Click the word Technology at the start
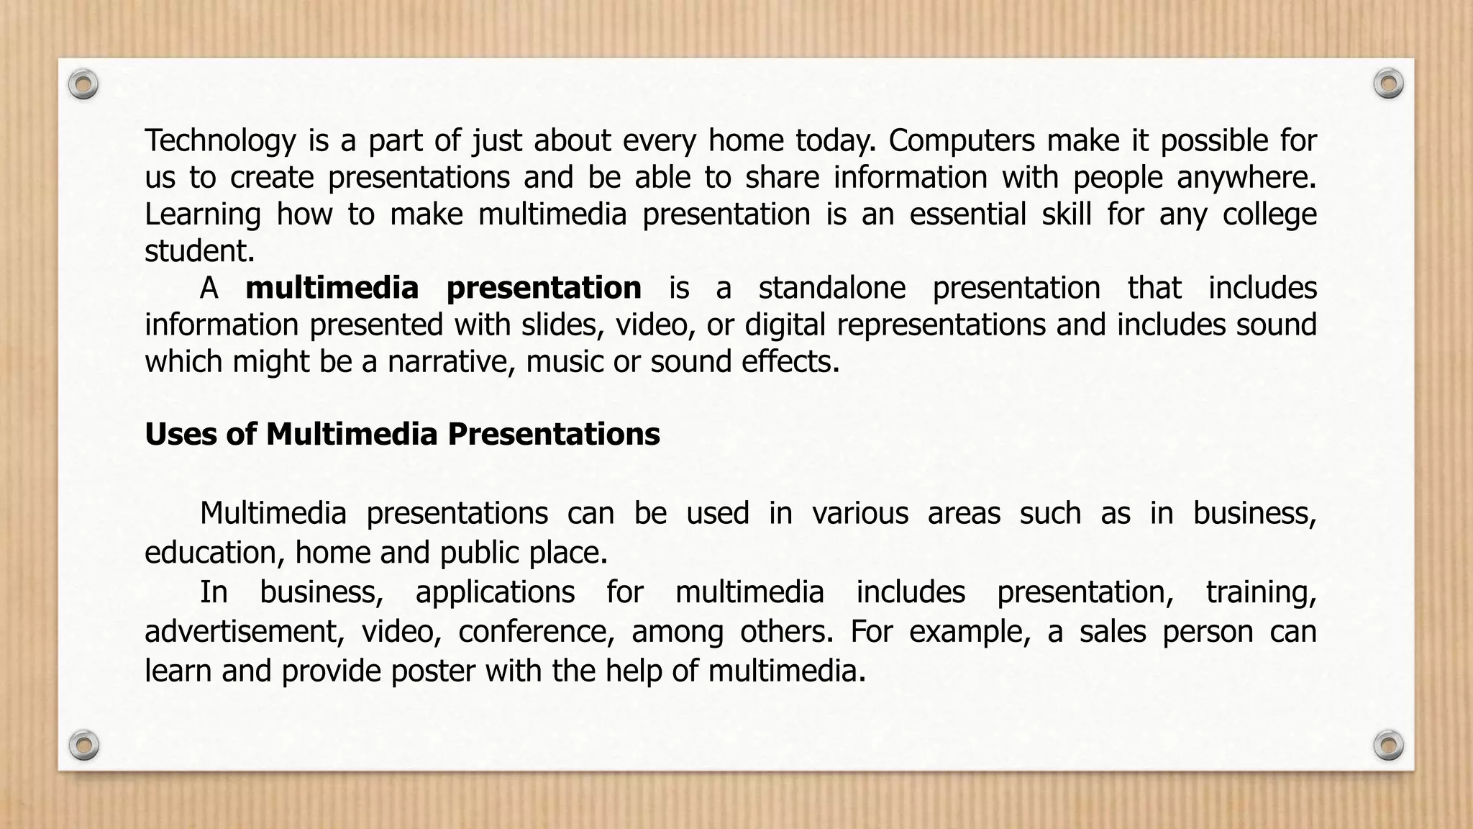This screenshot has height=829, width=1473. point(220,141)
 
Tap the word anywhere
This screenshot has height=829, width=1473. point(1246,178)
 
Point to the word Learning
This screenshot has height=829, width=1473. point(203,215)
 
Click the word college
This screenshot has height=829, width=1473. point(1269,215)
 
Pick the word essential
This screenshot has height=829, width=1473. point(967,214)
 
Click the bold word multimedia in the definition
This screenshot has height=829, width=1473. point(332,288)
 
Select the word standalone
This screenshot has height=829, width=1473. point(831,288)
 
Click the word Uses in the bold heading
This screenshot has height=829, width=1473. point(180,435)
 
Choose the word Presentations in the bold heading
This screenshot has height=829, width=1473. point(553,435)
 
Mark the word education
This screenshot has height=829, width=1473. point(209,553)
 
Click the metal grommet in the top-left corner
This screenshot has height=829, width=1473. point(83,85)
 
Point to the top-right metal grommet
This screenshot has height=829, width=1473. point(1388,84)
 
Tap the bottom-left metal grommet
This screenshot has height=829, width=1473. point(83,745)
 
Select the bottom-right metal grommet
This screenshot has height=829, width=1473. point(1388,745)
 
